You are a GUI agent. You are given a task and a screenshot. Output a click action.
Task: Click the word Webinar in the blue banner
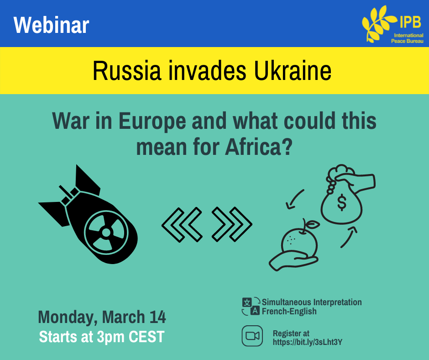[x=52, y=25]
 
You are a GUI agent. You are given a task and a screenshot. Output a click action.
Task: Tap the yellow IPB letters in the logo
[x=410, y=21]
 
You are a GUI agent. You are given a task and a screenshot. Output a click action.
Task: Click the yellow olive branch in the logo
[x=379, y=24]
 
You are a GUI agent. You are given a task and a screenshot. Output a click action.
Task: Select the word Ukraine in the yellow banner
[x=293, y=71]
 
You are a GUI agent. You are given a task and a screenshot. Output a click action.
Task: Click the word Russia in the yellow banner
[x=127, y=71]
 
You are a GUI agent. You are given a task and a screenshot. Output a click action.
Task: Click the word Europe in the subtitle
[x=152, y=121]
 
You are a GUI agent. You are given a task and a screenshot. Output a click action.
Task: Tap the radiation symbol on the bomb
[x=106, y=233]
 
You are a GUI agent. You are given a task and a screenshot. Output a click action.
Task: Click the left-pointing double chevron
[x=182, y=225]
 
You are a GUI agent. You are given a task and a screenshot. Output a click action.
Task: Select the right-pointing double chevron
[x=232, y=225]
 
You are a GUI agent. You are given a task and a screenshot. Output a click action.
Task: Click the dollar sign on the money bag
[x=342, y=202]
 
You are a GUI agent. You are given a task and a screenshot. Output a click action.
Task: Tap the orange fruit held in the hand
[x=299, y=244]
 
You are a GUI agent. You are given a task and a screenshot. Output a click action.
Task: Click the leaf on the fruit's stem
[x=313, y=225]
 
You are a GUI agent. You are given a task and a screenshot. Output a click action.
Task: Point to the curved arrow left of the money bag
[x=293, y=198]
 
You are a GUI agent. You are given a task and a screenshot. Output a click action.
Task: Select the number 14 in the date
[x=157, y=317]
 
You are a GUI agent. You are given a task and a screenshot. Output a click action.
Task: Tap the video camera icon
[x=252, y=336]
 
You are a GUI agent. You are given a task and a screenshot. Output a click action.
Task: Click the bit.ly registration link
[x=308, y=342]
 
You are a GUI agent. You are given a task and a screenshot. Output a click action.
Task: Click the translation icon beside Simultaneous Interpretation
[x=251, y=306]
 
